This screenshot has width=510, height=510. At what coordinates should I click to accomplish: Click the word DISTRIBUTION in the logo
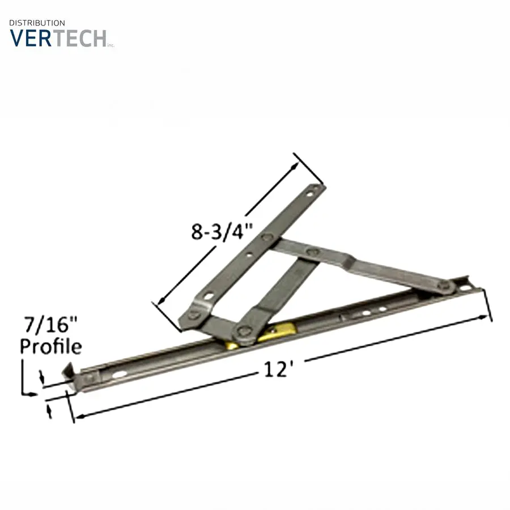pos(37,23)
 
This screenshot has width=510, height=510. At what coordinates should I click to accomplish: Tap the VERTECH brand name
pos(58,39)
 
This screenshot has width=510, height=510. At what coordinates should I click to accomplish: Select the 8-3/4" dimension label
pos(222,232)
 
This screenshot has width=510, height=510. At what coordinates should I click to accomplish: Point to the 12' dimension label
pos(276,369)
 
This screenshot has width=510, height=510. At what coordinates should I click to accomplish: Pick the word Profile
pos(51,346)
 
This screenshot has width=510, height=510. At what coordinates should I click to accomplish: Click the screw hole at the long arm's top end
pos(310,194)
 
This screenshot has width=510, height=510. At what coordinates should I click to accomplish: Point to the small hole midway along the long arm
pos(249,255)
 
